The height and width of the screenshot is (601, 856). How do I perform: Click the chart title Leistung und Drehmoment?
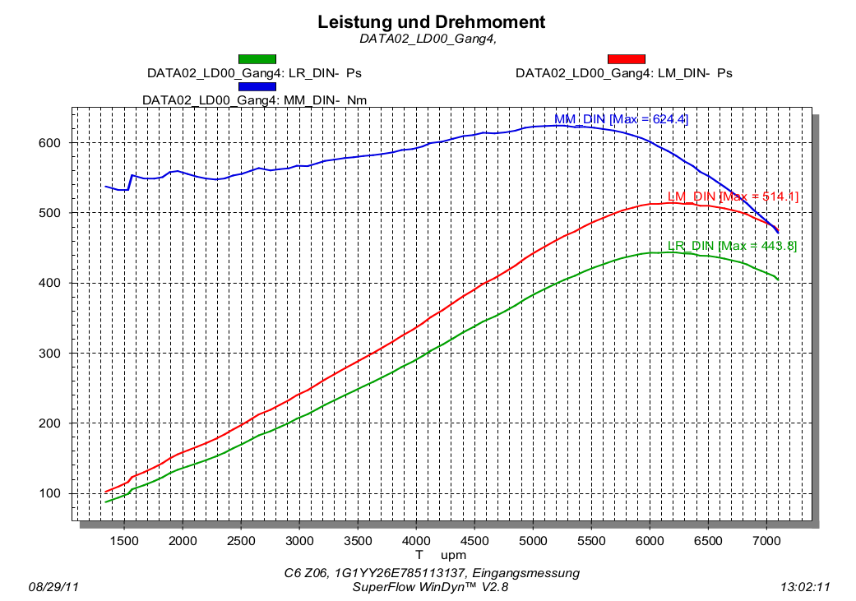(x=431, y=22)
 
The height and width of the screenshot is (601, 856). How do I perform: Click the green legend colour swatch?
(x=257, y=58)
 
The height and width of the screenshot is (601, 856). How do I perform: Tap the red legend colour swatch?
(x=626, y=58)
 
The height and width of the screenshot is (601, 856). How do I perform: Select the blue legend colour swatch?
(x=257, y=86)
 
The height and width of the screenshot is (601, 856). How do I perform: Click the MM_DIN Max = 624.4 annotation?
(x=621, y=119)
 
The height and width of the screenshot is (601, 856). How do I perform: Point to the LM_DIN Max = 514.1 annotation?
(x=732, y=196)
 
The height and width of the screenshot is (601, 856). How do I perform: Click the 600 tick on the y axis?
(x=51, y=143)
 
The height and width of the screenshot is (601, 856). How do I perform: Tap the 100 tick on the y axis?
(x=51, y=493)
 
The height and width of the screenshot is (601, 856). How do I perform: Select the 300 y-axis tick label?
(x=51, y=354)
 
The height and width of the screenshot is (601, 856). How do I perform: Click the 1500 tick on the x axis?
(x=124, y=540)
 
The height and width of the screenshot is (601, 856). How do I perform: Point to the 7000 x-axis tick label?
(x=766, y=540)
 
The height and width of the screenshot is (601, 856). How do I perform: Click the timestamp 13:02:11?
(x=805, y=587)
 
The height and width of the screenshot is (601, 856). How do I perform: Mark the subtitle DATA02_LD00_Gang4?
(x=428, y=38)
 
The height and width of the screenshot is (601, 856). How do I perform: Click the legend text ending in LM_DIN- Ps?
(x=623, y=72)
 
